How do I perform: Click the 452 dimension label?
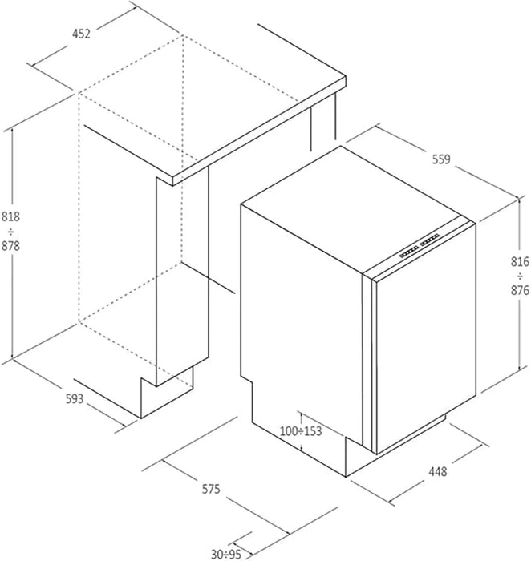click(x=81, y=34)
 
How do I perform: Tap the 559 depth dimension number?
click(x=441, y=159)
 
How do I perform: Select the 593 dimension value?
click(x=75, y=398)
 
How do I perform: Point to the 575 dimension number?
click(x=211, y=489)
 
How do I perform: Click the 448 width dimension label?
click(x=437, y=471)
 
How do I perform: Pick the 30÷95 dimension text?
click(x=226, y=555)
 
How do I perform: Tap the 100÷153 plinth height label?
click(x=301, y=431)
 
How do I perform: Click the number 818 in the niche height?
click(x=10, y=217)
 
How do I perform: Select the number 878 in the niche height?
click(x=10, y=246)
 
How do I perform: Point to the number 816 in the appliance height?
click(x=520, y=262)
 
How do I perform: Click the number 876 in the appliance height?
click(x=520, y=290)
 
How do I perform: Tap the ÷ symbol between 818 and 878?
click(x=10, y=232)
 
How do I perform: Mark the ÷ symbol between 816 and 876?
click(x=520, y=276)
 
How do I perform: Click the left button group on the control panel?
click(x=409, y=252)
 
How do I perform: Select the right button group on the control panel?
click(x=430, y=240)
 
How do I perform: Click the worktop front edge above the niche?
click(x=259, y=131)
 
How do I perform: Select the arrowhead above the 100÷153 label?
click(x=302, y=414)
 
